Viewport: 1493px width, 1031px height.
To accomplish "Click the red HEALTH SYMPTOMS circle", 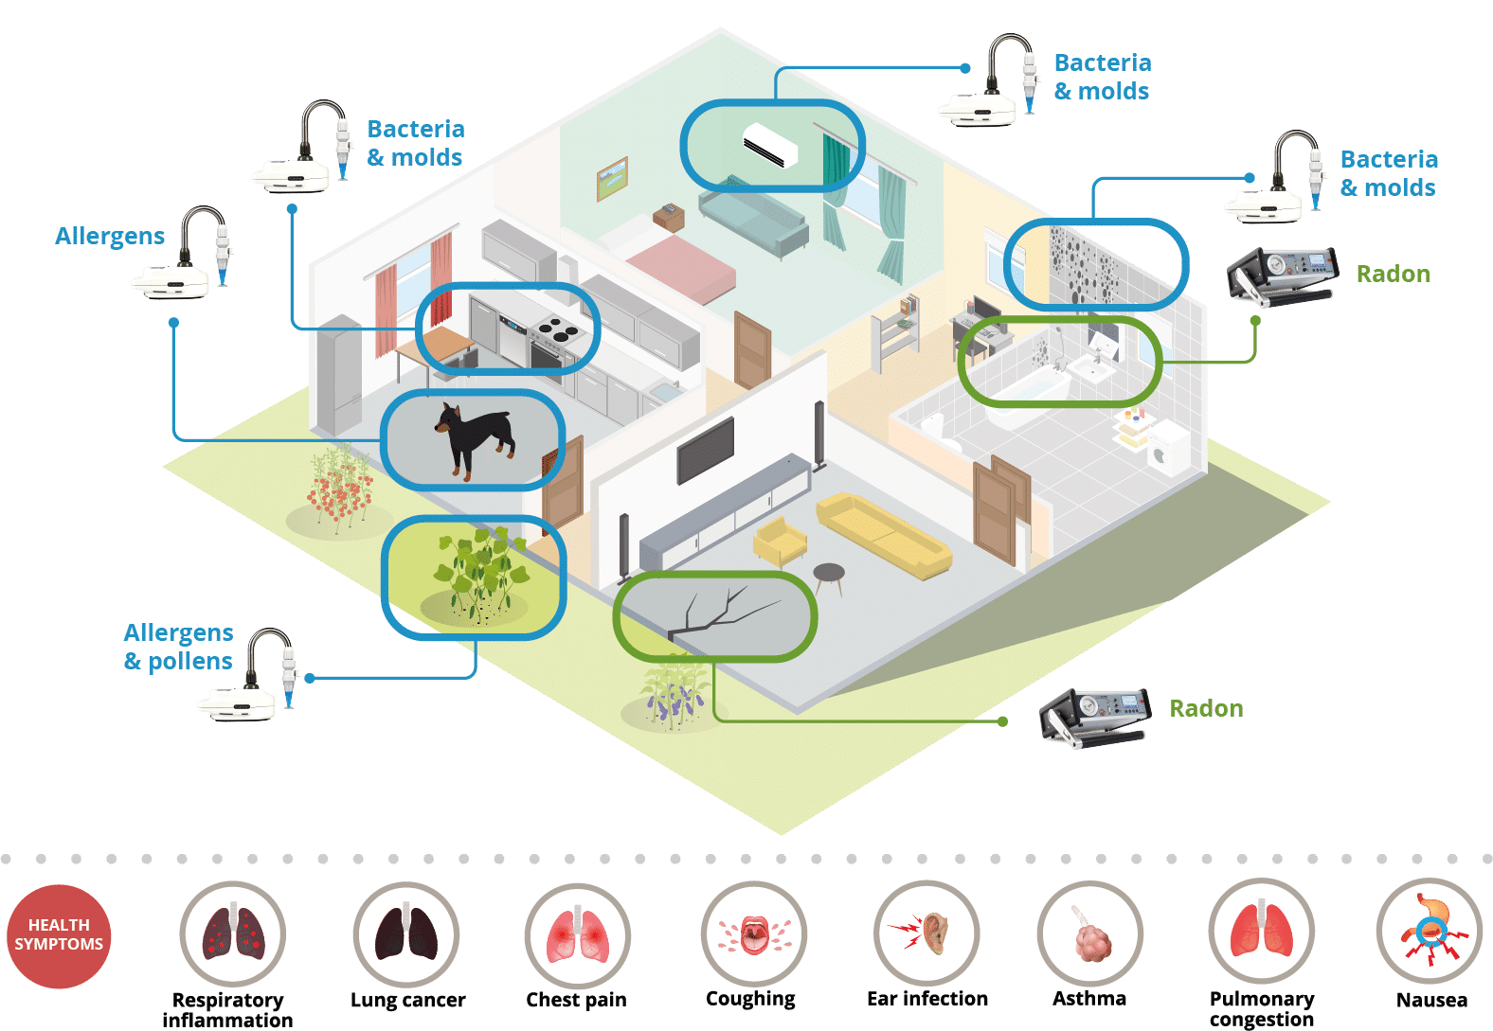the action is (x=59, y=935).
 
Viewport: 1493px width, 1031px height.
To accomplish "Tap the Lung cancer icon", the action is (x=405, y=934).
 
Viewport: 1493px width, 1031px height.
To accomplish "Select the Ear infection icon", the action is (x=926, y=933).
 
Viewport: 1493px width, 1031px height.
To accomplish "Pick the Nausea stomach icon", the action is (x=1430, y=932).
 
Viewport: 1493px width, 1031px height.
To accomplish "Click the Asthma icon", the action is (x=1089, y=933).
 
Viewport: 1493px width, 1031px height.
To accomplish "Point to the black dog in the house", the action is (x=475, y=439).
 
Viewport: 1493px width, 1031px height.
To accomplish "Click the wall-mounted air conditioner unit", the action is (x=770, y=144).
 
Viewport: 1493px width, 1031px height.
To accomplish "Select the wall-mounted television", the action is (x=706, y=450).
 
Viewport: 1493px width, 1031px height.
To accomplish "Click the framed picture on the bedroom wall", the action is (x=612, y=179).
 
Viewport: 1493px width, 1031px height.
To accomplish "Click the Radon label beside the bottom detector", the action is (x=1206, y=708).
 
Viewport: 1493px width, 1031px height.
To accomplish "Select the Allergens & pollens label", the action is (x=179, y=646).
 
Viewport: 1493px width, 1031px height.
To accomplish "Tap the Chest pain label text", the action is (x=577, y=999).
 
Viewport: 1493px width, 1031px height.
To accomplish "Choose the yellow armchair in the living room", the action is (x=779, y=541).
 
